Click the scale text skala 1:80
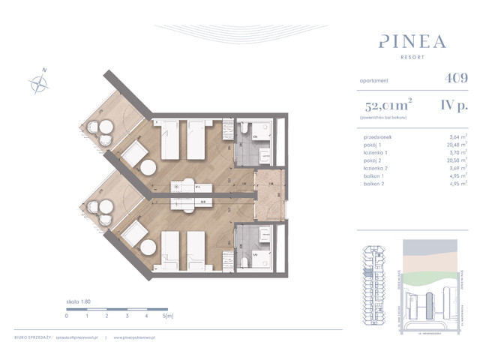point(80,300)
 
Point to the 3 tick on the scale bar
point(127,316)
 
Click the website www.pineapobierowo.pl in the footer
point(136,337)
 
